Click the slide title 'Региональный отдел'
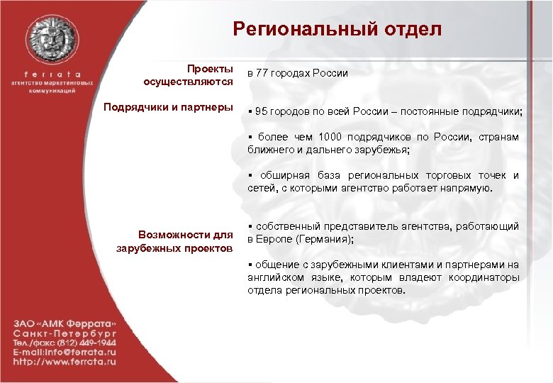[337, 29]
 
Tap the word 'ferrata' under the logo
[53, 73]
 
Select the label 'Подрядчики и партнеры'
[168, 108]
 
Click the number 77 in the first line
[264, 74]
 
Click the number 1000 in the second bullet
[331, 137]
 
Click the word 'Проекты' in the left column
[210, 69]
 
